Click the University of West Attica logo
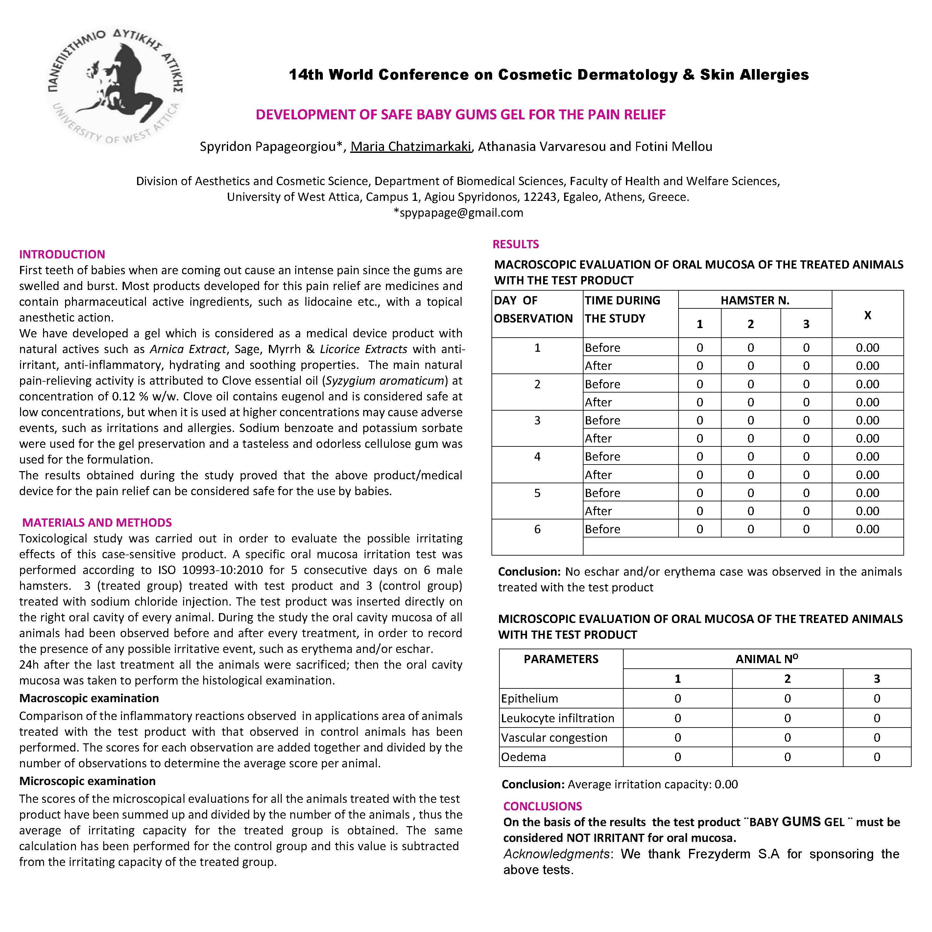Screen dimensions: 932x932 coord(116,86)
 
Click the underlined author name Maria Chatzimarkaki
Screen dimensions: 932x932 coord(411,147)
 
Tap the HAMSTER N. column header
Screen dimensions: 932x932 coord(754,300)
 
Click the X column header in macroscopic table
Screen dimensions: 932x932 coord(867,315)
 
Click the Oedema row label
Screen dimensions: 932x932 coord(523,757)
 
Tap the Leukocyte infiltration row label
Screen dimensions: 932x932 coord(557,718)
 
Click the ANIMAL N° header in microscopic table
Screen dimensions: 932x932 coord(767,659)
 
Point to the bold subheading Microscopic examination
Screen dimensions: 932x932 coord(87,781)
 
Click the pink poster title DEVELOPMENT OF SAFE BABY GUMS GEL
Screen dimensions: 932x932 coord(460,115)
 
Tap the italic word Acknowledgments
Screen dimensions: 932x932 coord(556,854)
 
